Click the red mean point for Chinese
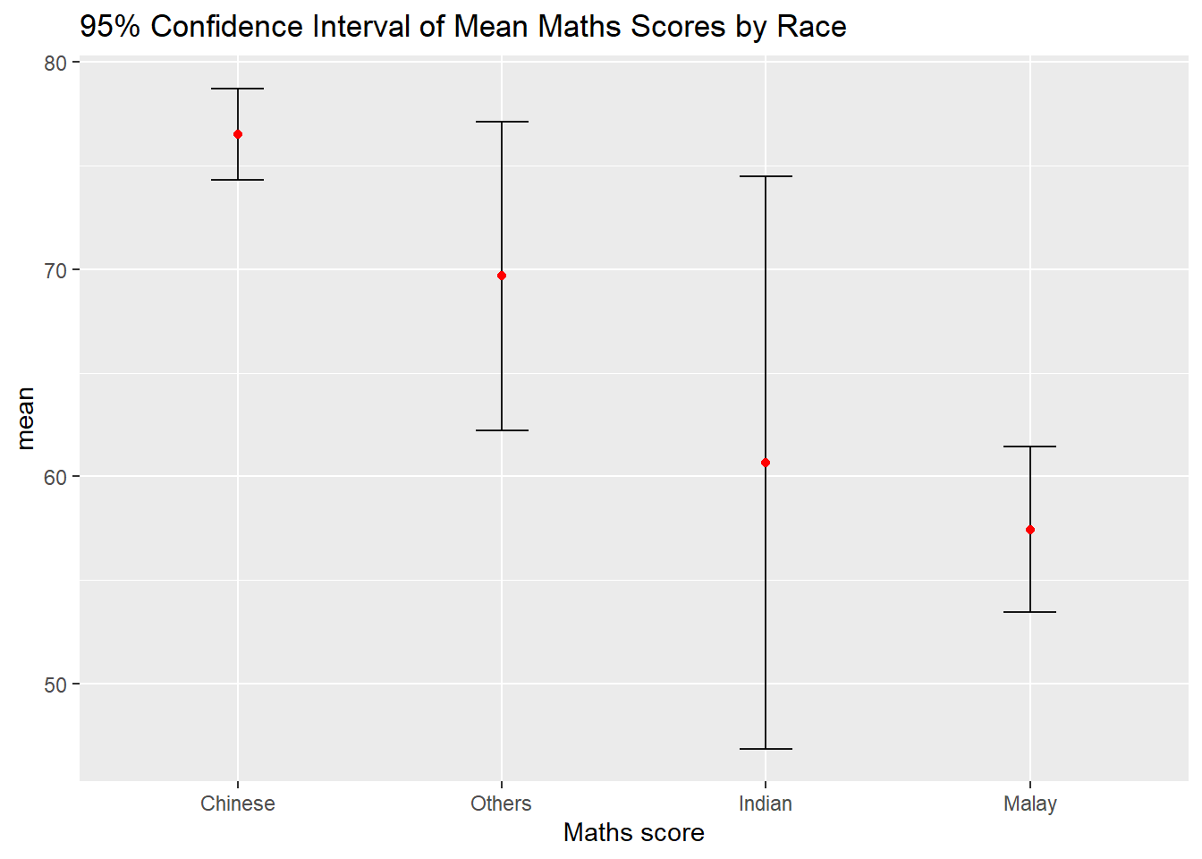[x=238, y=134]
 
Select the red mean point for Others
[x=502, y=276]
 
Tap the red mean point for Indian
[x=766, y=463]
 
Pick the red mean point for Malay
[x=1030, y=530]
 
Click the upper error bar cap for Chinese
[x=238, y=89]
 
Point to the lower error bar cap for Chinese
[x=238, y=180]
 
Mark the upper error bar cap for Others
[x=502, y=122]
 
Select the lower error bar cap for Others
[x=502, y=430]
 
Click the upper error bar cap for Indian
[x=766, y=176]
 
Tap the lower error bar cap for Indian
[x=766, y=748]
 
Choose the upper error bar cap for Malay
[x=1030, y=447]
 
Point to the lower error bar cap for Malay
[x=1030, y=612]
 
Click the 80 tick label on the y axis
[x=55, y=63]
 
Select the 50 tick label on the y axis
[x=55, y=685]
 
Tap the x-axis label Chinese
[x=238, y=804]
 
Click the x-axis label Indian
[x=766, y=804]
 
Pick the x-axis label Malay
[x=1030, y=804]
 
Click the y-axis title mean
[x=25, y=418]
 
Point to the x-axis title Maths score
[x=634, y=833]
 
